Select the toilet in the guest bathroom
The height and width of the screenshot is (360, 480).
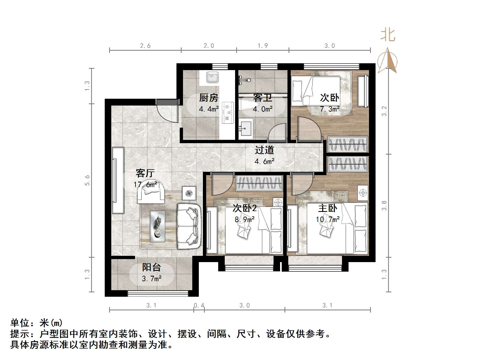click(247, 105)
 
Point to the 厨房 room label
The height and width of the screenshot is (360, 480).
click(209, 97)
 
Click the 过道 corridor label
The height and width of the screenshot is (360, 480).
click(264, 150)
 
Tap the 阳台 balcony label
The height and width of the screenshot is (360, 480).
click(152, 267)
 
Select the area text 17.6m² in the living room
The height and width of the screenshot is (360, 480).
click(145, 185)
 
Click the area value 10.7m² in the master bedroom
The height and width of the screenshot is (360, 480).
click(328, 219)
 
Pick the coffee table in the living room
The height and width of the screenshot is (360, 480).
click(158, 226)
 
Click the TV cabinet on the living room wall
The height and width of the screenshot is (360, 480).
click(118, 180)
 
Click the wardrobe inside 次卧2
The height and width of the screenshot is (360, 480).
click(259, 183)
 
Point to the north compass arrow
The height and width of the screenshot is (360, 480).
click(388, 61)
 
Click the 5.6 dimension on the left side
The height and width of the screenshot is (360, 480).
click(87, 180)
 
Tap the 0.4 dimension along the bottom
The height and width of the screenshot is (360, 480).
click(199, 305)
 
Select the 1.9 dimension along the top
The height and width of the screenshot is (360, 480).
click(263, 46)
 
